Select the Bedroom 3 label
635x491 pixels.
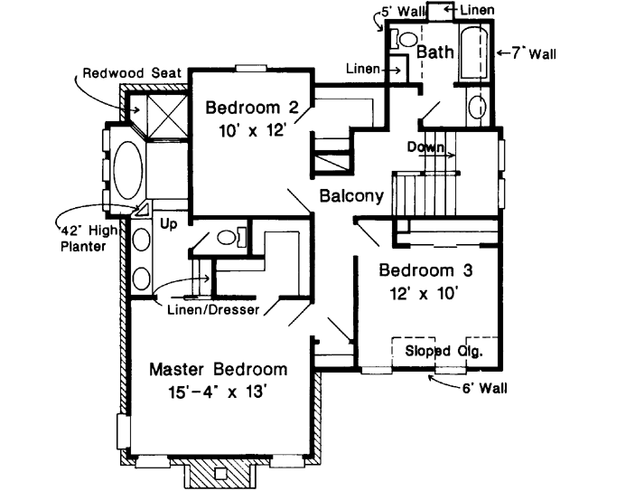(425, 270)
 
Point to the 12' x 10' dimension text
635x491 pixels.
(425, 292)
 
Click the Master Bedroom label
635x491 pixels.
(218, 369)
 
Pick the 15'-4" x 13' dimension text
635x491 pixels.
(218, 392)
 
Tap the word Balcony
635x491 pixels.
(351, 195)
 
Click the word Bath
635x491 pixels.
(434, 53)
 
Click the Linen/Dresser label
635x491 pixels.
(213, 309)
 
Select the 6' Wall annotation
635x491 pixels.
(483, 390)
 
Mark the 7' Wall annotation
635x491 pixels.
(530, 54)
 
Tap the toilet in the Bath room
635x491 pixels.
(404, 39)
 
